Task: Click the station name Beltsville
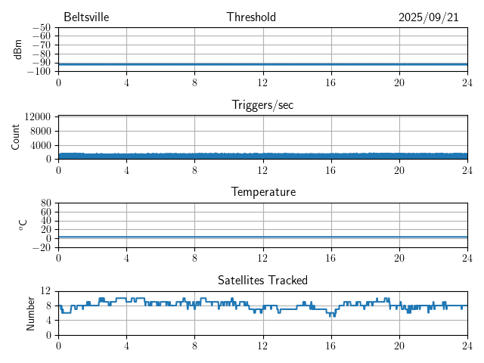click(x=87, y=17)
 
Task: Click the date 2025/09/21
click(x=428, y=17)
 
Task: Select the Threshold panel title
click(x=251, y=17)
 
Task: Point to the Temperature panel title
click(x=262, y=192)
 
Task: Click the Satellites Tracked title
click(x=262, y=280)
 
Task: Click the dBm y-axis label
click(x=17, y=49)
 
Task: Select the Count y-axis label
click(x=16, y=138)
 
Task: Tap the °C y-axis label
click(x=23, y=225)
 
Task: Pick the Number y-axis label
click(x=30, y=312)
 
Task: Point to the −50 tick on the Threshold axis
click(x=42, y=28)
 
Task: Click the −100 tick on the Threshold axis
click(x=39, y=72)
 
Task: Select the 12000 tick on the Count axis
click(x=37, y=116)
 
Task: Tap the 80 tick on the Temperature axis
click(x=46, y=203)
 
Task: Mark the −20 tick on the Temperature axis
click(x=42, y=247)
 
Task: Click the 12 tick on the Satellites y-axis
click(x=46, y=291)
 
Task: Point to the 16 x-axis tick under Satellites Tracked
click(x=330, y=346)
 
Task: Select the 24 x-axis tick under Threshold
click(x=467, y=82)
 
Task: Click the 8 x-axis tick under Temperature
click(x=194, y=258)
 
